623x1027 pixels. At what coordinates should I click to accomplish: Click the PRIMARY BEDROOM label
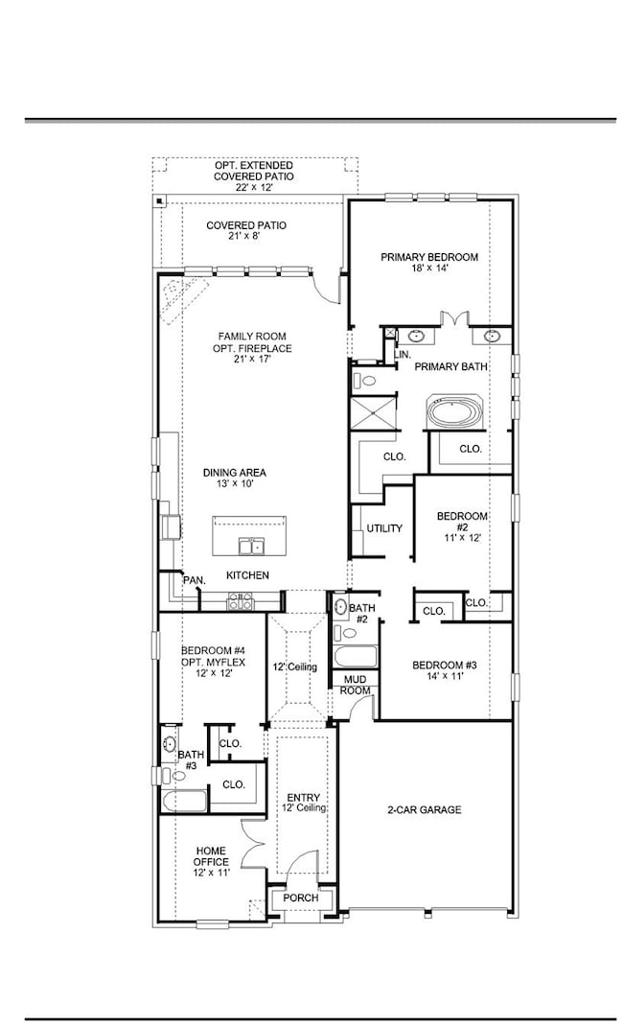point(428,257)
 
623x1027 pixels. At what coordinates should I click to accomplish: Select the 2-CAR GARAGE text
point(424,810)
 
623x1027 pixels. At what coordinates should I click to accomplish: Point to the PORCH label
point(302,899)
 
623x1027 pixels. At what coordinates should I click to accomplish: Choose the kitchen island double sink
point(252,547)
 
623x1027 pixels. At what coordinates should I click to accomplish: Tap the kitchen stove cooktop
point(240,601)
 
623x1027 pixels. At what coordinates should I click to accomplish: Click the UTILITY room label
point(384,528)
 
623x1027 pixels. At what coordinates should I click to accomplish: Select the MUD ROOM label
point(357,685)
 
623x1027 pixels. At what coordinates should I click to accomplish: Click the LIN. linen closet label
point(403,355)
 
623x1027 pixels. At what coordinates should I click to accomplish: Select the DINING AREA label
point(234,473)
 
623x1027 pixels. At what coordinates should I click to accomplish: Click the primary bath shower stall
point(370,413)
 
